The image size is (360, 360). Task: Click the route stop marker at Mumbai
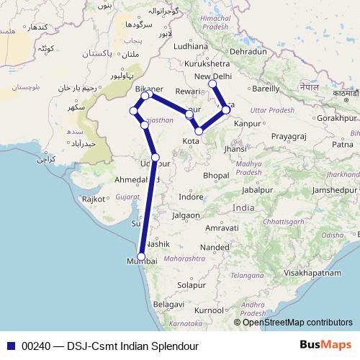141,257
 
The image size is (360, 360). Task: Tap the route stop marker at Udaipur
156,157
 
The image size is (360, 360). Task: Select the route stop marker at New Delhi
212,84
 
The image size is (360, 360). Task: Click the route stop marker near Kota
199,131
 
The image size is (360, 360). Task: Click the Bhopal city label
216,175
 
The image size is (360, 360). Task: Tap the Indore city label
191,196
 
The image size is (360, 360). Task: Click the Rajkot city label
94,199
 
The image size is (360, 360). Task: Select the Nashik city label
158,244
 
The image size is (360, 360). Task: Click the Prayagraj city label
288,135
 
